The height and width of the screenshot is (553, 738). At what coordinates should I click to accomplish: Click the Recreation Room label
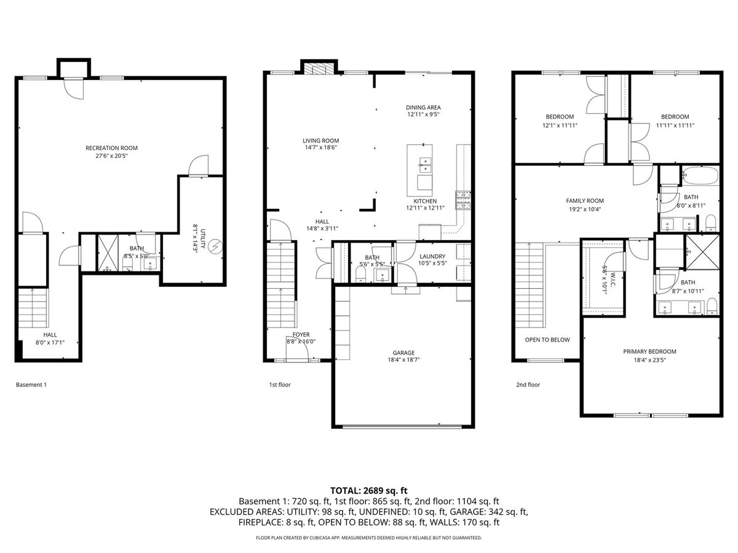coord(111,147)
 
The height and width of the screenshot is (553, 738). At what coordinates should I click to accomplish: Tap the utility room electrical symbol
coord(215,247)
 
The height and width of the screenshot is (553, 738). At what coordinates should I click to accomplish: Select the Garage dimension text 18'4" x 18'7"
coord(403,359)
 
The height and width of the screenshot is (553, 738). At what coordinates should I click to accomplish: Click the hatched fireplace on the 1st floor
coord(319,69)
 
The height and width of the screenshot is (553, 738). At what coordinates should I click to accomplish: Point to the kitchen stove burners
coord(463,200)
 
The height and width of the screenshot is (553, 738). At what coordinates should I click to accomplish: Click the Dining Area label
coord(423,108)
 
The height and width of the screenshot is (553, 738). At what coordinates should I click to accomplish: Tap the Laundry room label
coord(432,256)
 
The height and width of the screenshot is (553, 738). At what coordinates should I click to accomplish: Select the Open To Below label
coord(547,340)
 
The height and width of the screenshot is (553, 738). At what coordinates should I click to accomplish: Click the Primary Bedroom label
coord(649,351)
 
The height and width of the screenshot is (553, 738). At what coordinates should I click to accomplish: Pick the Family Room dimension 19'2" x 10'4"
coord(585,209)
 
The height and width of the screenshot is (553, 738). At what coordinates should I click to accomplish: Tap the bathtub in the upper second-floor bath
coord(701,175)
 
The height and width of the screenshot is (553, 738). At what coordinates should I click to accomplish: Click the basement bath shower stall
coord(108,253)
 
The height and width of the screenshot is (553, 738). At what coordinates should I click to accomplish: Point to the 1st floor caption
coord(280,385)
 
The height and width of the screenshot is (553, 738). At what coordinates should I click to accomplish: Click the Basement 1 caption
coord(31,385)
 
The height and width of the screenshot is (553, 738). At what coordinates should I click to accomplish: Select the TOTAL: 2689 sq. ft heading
coord(369,491)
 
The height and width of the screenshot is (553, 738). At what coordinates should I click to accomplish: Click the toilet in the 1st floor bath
coord(360,273)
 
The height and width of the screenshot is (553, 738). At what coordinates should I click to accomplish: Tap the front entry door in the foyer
coord(297,349)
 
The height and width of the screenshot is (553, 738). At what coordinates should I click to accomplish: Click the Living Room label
coord(321,141)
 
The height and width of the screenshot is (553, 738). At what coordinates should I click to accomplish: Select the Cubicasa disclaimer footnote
coord(369,538)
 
